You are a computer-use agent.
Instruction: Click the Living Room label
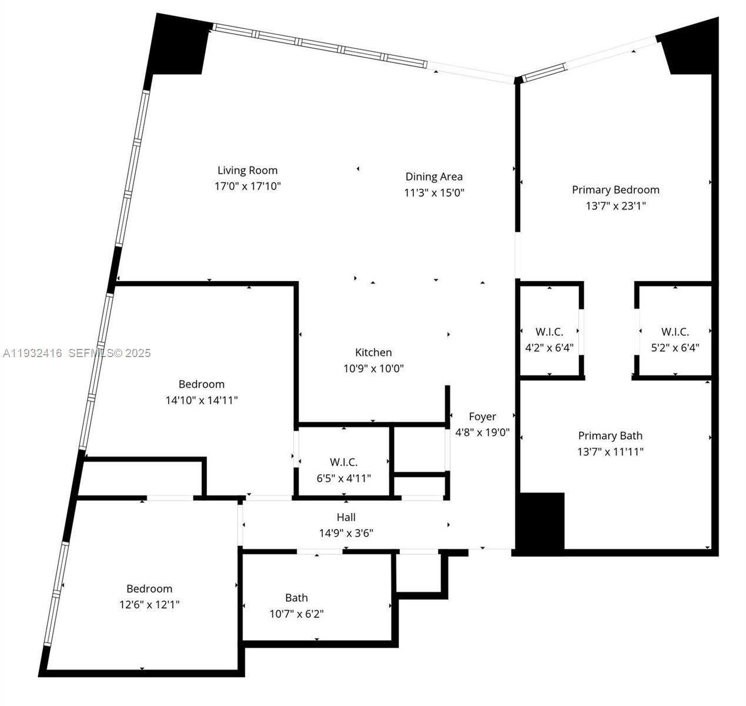pos(247,171)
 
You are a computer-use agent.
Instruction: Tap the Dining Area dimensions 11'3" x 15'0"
pos(434,193)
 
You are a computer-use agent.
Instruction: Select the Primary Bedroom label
pos(615,190)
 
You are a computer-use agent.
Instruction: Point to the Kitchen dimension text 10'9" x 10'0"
pos(373,369)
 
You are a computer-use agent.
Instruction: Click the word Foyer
pos(482,417)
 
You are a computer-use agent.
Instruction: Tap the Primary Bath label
pos(610,436)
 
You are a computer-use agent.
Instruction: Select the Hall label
pos(346,518)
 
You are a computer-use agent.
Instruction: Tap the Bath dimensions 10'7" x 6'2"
pos(296,614)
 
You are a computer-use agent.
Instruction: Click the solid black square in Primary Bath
pos(540,521)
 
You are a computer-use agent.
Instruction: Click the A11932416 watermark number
pos(32,353)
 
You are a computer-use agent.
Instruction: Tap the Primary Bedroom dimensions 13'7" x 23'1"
pos(615,206)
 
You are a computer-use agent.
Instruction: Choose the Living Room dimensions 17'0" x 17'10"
pos(247,187)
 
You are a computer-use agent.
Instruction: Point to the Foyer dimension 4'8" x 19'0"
pos(482,432)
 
